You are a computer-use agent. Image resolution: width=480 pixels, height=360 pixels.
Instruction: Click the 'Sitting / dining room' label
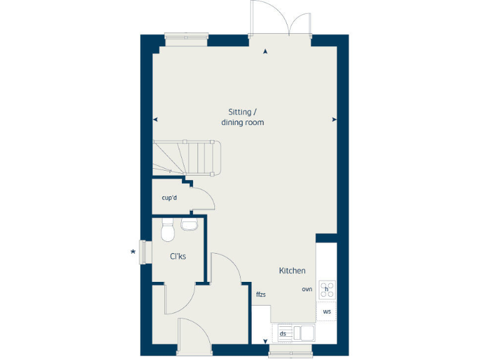[242, 117]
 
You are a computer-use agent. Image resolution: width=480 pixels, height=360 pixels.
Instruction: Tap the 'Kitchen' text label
[292, 271]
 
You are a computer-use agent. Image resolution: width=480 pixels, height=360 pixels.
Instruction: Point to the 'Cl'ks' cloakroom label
[178, 256]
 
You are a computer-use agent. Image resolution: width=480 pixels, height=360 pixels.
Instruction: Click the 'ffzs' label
[261, 294]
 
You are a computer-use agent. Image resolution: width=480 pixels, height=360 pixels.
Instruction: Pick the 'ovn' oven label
[307, 289]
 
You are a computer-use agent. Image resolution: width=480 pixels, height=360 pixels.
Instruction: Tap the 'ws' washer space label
[326, 311]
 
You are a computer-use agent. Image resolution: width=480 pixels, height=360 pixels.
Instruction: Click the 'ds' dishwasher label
[282, 334]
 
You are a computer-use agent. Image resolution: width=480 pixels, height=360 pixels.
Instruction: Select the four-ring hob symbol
[326, 290]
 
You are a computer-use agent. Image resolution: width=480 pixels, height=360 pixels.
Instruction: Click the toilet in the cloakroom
[167, 231]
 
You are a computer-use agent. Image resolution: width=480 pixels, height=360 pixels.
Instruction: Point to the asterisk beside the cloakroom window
[132, 252]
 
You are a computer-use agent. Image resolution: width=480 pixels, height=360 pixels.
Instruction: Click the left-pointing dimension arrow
[155, 119]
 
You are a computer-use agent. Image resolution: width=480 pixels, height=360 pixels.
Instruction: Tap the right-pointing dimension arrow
[334, 119]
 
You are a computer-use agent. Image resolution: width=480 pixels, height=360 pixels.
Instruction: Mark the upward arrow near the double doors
[266, 52]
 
